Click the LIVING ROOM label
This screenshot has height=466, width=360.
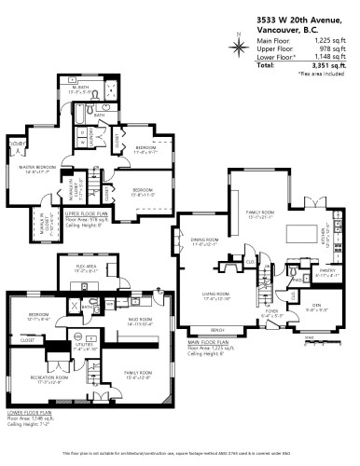coord(215,295)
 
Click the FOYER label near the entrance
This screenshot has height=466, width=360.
coord(272,312)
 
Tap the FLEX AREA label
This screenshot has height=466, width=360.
coord(89,267)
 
